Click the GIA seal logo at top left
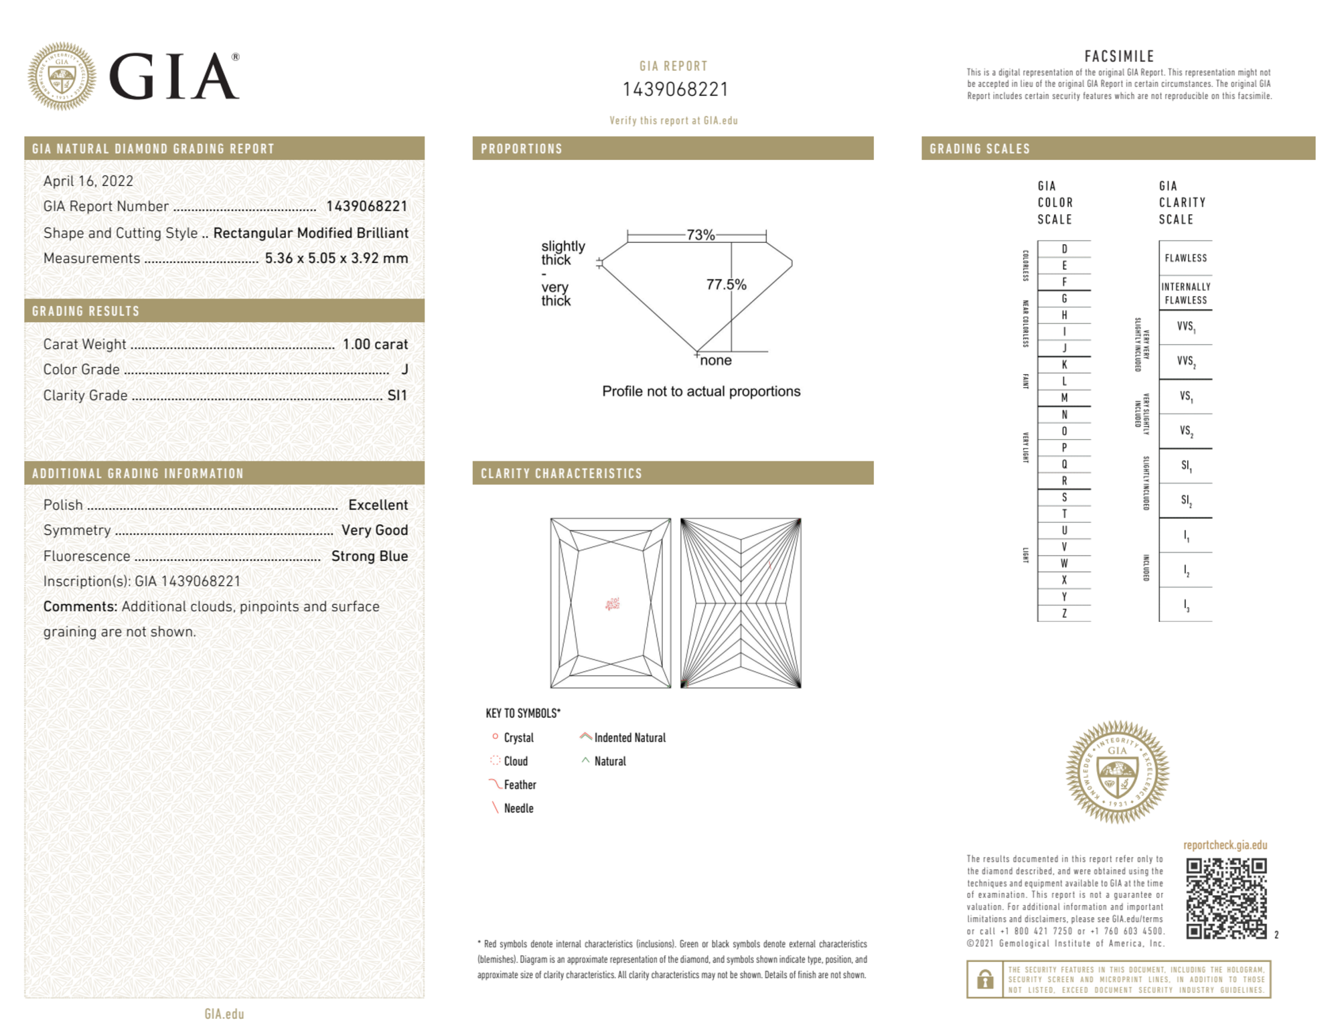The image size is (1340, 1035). [x=62, y=76]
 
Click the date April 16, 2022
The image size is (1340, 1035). [x=88, y=181]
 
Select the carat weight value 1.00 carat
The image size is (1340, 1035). [x=375, y=344]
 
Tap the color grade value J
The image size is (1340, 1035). [x=404, y=370]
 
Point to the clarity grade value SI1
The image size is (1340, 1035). [x=397, y=396]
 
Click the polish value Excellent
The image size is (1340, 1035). [x=378, y=505]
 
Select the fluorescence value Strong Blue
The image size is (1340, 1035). [x=370, y=556]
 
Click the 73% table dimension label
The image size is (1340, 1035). [x=700, y=235]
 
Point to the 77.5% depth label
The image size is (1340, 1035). [x=726, y=285]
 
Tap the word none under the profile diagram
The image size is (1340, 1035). [x=716, y=360]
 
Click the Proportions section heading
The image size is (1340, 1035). [x=522, y=149]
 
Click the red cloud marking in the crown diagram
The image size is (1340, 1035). [x=612, y=604]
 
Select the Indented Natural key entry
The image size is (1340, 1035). [x=629, y=738]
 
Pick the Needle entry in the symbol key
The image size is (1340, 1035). [x=518, y=808]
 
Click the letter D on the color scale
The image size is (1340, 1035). [x=1064, y=249]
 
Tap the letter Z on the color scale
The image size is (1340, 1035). [x=1064, y=613]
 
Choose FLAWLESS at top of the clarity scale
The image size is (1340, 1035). [x=1185, y=258]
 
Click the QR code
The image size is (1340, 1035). [x=1226, y=898]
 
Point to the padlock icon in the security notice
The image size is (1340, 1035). [x=985, y=979]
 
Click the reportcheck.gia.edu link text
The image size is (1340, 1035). [x=1225, y=845]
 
